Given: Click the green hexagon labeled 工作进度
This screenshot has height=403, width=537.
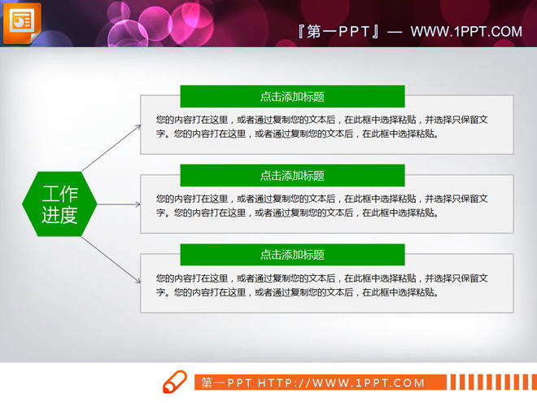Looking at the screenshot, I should (x=59, y=204).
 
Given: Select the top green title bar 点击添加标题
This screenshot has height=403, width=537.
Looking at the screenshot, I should (x=292, y=96).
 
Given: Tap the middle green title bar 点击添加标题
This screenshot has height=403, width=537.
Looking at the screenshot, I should (x=292, y=175).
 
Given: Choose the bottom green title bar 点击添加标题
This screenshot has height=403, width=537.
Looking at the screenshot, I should (x=292, y=255).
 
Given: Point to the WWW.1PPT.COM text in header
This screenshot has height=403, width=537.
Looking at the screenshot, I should (x=466, y=32).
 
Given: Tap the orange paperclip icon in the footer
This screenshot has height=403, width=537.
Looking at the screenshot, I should (x=175, y=381).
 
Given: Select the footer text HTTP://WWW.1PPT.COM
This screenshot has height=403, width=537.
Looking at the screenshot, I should (x=342, y=383).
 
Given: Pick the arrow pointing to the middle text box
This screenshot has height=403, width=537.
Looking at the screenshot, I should (x=118, y=204).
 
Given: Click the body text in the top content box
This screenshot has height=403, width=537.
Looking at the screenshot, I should (x=321, y=127).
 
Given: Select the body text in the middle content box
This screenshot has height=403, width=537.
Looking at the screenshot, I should (x=321, y=206).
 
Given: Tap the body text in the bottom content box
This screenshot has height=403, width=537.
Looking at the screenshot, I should (x=321, y=285).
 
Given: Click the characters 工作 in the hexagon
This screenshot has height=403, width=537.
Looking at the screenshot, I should (x=59, y=194).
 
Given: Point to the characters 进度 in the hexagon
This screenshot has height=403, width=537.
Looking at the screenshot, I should (x=59, y=216).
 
